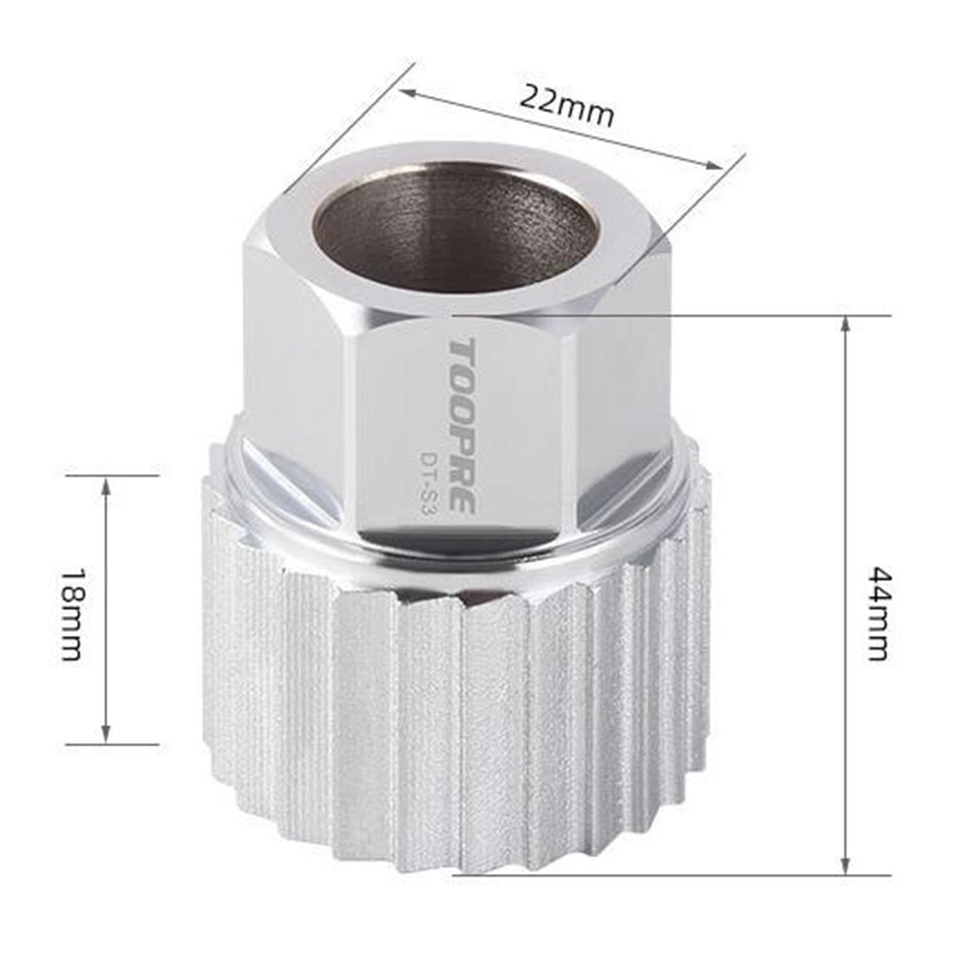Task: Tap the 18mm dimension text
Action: [x=69, y=613]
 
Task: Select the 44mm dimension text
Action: [x=877, y=613]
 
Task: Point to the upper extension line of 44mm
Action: [x=660, y=315]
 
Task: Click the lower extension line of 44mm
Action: [x=660, y=875]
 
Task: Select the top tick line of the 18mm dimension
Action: [x=112, y=474]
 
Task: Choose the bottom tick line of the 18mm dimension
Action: [x=112, y=744]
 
